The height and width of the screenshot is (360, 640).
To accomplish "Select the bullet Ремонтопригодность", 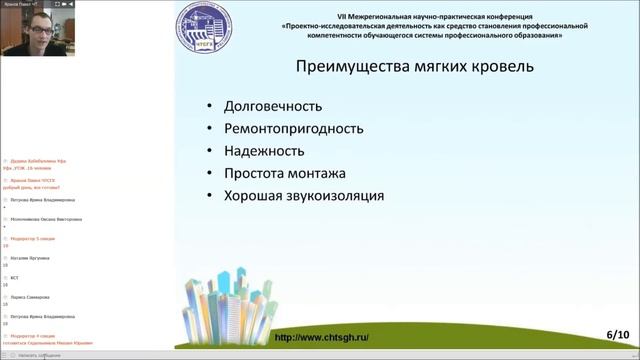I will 293,129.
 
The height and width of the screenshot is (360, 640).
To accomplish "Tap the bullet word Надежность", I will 264,151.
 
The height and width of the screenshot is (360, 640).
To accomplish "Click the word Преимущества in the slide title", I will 358,67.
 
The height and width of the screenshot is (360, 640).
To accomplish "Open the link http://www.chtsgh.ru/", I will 321,337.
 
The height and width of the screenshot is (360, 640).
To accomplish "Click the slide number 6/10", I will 616,334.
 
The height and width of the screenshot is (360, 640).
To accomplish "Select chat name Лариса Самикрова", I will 29,296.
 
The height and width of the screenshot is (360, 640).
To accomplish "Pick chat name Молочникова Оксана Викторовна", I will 42,219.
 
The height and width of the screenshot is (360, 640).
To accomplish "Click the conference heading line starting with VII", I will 421,16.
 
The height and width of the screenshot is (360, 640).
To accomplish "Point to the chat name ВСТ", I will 13,277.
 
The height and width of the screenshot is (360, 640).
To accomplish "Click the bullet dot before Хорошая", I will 208,196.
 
